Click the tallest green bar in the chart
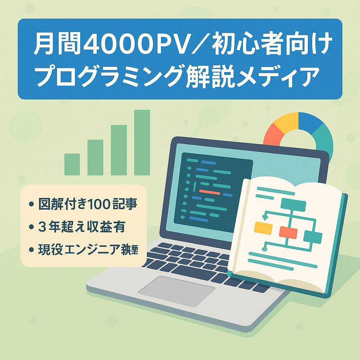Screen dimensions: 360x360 tap(142, 142)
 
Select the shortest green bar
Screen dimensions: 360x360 tap(72, 164)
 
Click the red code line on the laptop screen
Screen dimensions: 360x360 tap(210, 193)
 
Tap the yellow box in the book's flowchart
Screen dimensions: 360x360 tap(263, 228)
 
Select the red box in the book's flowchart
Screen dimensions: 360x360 tap(288, 232)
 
